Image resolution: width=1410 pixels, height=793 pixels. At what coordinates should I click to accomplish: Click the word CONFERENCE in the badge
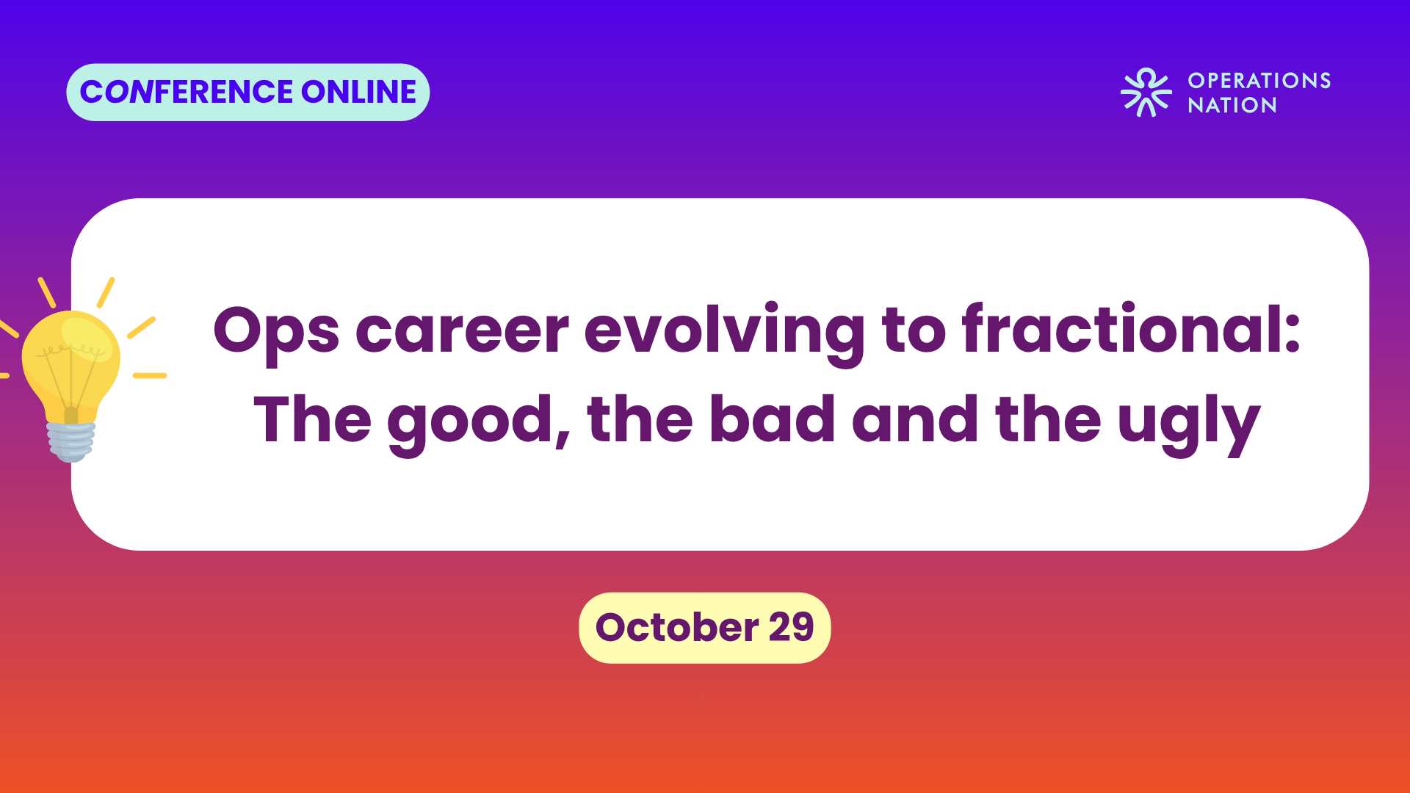[187, 92]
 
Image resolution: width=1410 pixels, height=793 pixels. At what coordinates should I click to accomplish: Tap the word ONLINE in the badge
[359, 92]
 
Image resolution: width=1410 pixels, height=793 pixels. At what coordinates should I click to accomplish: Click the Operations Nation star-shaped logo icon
[1146, 93]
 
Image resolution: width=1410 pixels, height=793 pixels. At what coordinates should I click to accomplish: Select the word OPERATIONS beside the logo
[1259, 80]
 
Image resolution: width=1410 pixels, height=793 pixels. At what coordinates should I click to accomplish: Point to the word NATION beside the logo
[1232, 105]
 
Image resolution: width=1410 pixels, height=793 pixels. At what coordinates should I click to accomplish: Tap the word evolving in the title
[725, 333]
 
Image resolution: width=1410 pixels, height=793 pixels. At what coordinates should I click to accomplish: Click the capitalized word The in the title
[313, 419]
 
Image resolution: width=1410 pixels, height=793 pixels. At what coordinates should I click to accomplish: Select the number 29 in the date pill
[792, 627]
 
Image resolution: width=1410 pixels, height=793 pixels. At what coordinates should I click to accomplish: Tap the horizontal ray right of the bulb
[150, 376]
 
